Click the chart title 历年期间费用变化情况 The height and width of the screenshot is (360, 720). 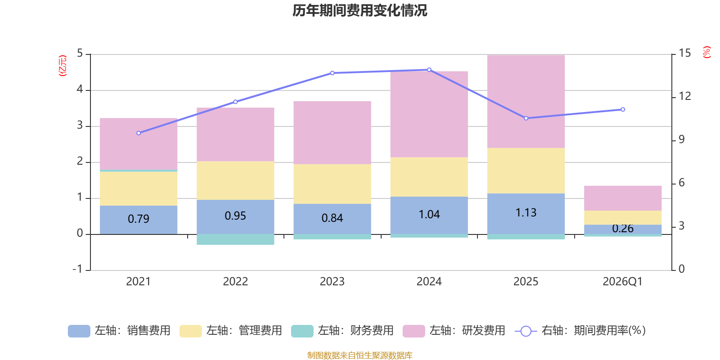pos(360,10)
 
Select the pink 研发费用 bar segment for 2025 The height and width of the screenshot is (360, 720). pos(526,101)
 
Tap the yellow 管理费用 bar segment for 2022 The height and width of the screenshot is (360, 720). pos(235,180)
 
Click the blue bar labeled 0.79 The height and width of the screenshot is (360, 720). pos(139,219)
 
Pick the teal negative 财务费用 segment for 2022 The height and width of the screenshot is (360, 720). pos(235,239)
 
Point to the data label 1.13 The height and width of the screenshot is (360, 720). pos(526,212)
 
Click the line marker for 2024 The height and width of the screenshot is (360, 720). pos(429,70)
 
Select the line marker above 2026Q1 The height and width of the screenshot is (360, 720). pos(623,109)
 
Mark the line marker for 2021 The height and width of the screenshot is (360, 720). pos(139,133)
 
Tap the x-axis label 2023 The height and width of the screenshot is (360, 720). pos(332,282)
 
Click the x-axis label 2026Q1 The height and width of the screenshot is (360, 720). pos(622,282)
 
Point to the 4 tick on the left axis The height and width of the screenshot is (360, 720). pos(80,90)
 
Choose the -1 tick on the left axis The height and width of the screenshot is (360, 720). pos(78,269)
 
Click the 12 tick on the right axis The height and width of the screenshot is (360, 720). pos(684,96)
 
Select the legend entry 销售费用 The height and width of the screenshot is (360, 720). pos(119,331)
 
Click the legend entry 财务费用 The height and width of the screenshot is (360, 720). pos(342,331)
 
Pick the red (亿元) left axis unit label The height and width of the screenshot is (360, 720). pos(63,66)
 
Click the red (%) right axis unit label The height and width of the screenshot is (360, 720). pos(707,52)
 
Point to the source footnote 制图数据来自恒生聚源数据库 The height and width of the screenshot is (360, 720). pos(360,355)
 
